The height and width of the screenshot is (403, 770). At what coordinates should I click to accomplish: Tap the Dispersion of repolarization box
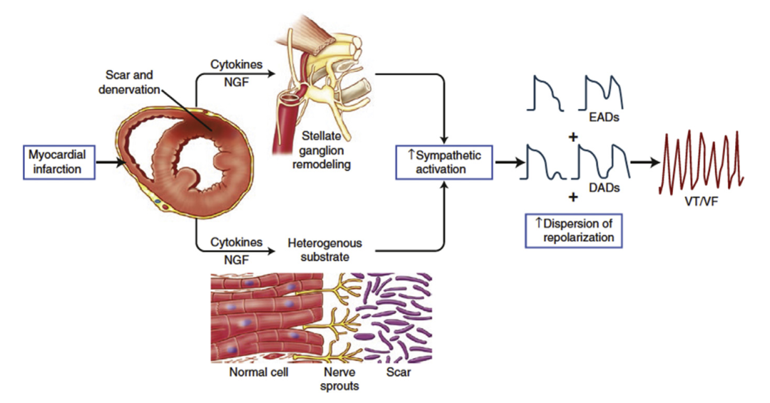pos(575,230)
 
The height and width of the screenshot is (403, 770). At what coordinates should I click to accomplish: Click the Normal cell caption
pos(258,372)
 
